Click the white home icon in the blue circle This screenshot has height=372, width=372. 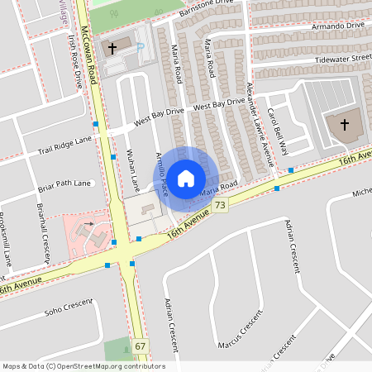click(186, 178)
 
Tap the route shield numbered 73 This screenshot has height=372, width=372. click(219, 204)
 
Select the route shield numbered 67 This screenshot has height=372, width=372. click(141, 346)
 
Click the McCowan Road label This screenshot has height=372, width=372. click(92, 38)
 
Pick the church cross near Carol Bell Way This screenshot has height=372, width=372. click(343, 126)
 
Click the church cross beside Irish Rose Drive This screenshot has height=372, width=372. click(112, 49)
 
